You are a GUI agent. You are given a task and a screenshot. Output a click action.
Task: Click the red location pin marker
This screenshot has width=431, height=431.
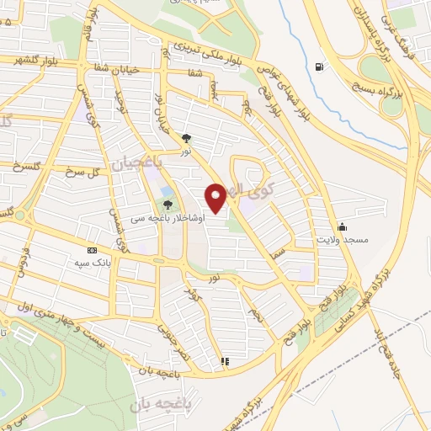pyautogui.click(x=216, y=198)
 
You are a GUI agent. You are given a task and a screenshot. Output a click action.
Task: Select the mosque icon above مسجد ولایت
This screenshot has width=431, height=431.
pyautogui.click(x=342, y=226)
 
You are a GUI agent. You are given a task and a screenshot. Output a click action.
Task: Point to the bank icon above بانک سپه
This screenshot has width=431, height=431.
pyautogui.click(x=92, y=250)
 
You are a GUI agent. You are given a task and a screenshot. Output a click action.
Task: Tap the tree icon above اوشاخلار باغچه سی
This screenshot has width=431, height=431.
pyautogui.click(x=167, y=205)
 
